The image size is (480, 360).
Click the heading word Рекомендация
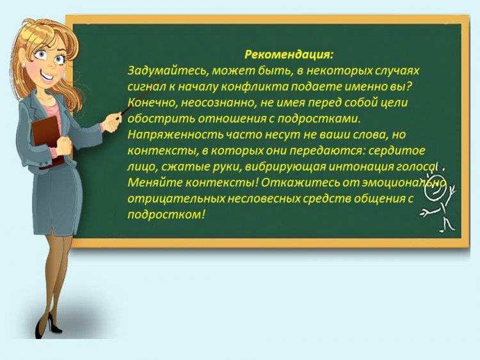pyautogui.click(x=289, y=55)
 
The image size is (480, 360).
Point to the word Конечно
pyautogui.click(x=152, y=103)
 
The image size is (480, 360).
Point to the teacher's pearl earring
pyautogui.click(x=23, y=65)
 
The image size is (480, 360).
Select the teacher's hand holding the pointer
pyautogui.click(x=111, y=122)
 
